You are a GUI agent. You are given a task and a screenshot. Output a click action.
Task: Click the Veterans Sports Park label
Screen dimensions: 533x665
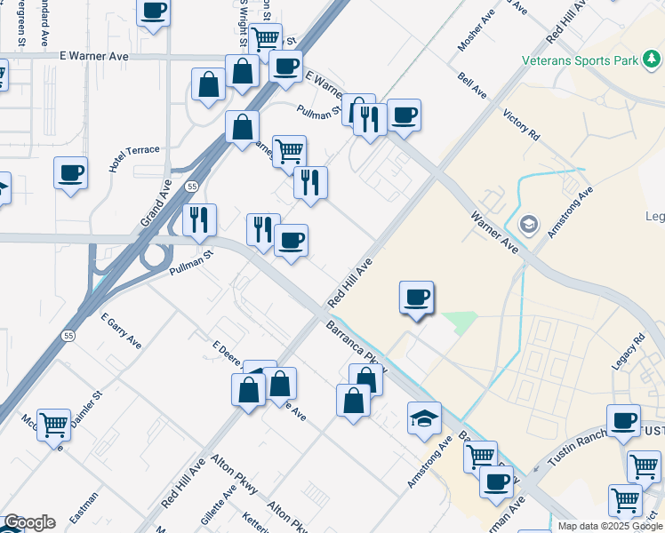(x=579, y=60)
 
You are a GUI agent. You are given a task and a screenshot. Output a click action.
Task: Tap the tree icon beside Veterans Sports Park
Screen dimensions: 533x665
(x=653, y=60)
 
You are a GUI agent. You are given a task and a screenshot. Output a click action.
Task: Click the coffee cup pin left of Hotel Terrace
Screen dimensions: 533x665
(x=70, y=173)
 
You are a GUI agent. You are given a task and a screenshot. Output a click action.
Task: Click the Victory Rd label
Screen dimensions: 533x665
(x=522, y=125)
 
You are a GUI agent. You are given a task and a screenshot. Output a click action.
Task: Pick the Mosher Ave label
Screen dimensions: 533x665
(x=475, y=31)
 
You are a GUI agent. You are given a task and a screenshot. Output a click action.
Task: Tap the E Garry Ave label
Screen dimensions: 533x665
(x=121, y=330)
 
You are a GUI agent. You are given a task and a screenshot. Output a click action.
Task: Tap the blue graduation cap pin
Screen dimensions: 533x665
(x=425, y=418)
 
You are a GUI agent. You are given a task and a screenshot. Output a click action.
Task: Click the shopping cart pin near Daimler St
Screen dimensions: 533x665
(x=53, y=426)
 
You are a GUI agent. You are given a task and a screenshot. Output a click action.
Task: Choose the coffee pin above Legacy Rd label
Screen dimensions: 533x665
(x=623, y=421)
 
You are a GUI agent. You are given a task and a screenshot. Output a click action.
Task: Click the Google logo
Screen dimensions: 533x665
(x=29, y=522)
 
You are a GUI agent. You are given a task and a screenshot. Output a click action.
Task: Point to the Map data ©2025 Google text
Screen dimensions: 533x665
(x=609, y=526)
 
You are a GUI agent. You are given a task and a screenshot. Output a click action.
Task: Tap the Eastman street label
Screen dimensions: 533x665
(x=84, y=513)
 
